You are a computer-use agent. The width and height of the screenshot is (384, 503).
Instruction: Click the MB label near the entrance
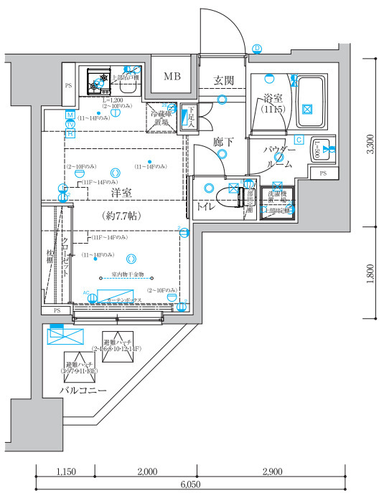172,77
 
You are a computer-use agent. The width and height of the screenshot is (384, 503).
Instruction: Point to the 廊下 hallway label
224,143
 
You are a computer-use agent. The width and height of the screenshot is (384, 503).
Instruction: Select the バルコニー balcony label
83,391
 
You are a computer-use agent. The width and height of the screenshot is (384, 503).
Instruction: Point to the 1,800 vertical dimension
370,274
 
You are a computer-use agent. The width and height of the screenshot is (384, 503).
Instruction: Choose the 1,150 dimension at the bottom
65,471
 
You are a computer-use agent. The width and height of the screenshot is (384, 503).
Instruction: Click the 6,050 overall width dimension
189,485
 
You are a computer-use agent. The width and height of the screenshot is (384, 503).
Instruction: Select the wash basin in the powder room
324,149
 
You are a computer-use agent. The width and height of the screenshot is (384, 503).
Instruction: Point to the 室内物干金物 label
128,274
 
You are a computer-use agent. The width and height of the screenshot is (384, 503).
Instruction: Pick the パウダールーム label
278,157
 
